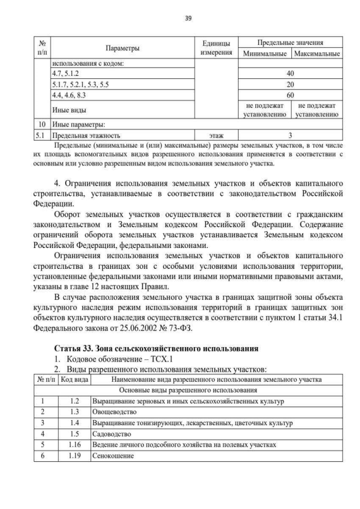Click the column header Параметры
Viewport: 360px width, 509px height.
[122, 48]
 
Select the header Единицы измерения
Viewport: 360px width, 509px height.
[216, 48]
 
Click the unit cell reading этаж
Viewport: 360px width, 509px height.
[216, 136]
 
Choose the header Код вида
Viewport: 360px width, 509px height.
[74, 380]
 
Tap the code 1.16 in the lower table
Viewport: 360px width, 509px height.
[74, 444]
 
